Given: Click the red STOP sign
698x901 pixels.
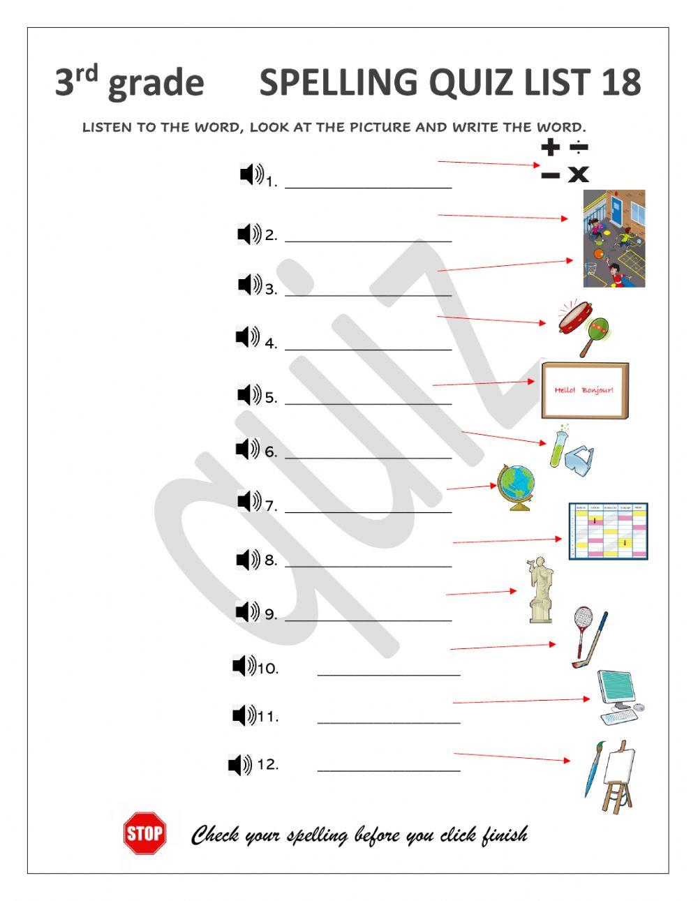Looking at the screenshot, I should tap(145, 832).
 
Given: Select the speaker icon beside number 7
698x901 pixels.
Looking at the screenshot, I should tap(249, 501).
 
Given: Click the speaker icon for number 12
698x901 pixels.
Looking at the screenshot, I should tap(240, 765).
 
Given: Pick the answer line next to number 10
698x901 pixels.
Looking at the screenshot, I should tap(389, 673).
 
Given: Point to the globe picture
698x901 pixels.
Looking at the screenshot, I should tap(517, 486).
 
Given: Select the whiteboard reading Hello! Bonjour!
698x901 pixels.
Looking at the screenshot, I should tap(585, 390).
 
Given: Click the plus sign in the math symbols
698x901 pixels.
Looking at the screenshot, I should tap(551, 147).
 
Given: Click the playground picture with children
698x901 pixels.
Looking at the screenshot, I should tap(614, 239).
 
